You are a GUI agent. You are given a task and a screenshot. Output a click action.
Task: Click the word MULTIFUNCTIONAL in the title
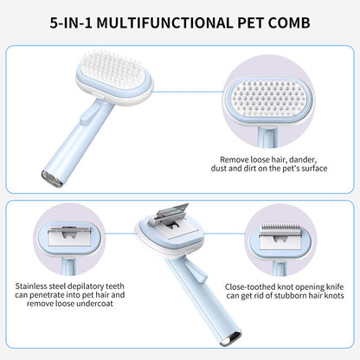point(164,23)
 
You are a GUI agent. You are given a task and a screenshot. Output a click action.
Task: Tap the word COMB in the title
point(289,23)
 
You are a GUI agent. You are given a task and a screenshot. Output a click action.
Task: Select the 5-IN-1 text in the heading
point(71,23)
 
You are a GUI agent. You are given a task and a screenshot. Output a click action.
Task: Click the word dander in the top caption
point(303,159)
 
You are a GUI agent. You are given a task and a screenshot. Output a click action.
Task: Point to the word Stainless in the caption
point(31,286)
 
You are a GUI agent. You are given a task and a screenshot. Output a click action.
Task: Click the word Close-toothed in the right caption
point(250,287)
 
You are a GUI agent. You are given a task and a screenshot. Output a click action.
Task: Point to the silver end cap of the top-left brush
point(52,179)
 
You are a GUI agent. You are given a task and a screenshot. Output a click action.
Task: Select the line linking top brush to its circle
point(189,92)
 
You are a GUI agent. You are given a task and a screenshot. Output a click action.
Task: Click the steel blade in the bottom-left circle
point(69,236)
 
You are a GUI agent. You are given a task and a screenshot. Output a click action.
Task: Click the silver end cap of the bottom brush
point(230,339)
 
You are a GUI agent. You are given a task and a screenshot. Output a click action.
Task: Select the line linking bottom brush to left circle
point(120,234)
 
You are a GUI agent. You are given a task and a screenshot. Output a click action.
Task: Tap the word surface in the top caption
point(314,168)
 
